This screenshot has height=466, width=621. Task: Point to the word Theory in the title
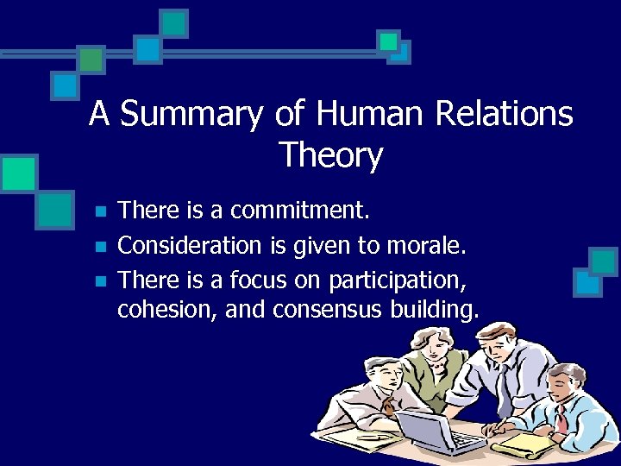pos(330,156)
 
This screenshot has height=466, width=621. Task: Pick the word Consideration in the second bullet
pos(189,246)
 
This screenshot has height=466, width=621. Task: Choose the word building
pos(436,310)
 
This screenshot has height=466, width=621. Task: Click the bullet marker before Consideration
pos(101,247)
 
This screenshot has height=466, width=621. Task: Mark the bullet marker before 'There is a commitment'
pos(101,211)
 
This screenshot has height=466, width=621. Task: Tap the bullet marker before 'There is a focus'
pos(101,281)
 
